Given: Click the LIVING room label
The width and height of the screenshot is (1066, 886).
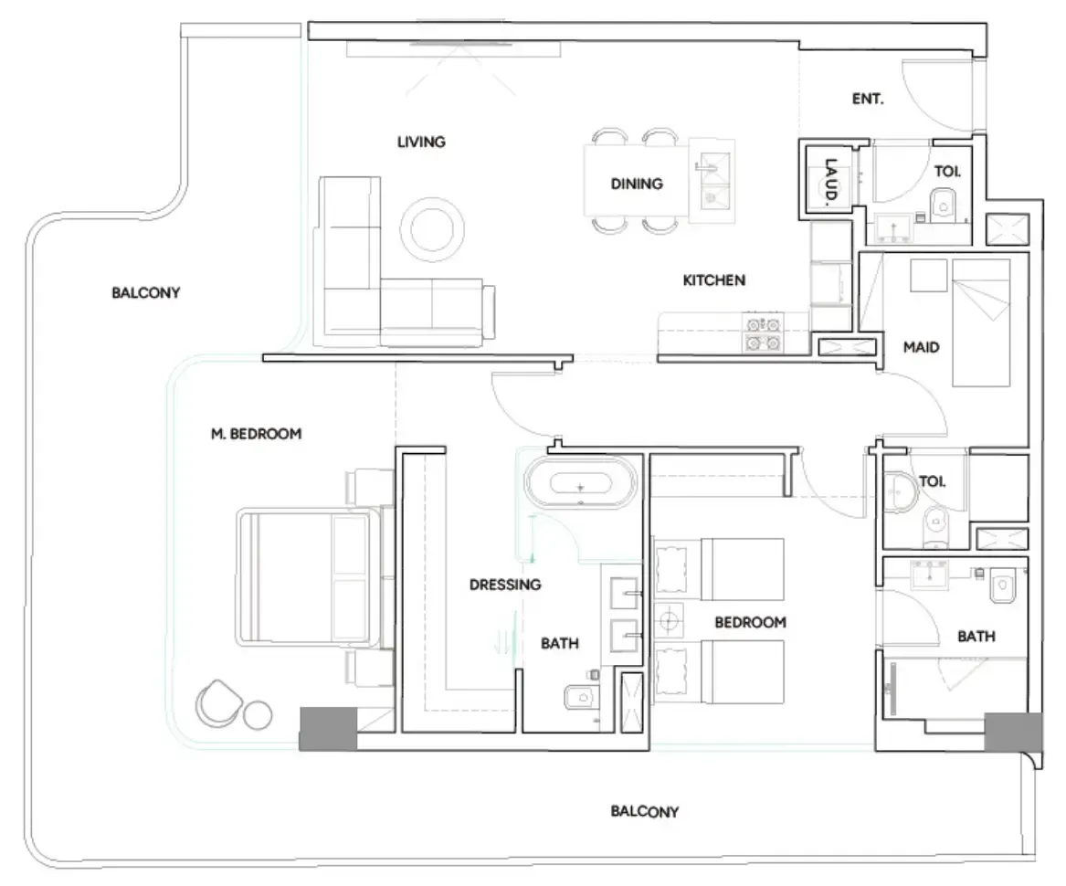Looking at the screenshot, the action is [421, 142].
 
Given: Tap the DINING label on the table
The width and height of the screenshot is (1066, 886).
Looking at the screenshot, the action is [637, 184].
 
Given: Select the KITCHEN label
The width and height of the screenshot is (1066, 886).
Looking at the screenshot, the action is [713, 280].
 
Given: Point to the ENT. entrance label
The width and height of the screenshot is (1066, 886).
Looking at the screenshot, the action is [868, 99].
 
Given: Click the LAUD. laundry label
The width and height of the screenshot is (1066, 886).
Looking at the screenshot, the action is [830, 182].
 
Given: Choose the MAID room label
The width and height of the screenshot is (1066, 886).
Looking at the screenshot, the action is [921, 347].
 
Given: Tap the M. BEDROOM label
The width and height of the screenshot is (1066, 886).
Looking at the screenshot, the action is [257, 434].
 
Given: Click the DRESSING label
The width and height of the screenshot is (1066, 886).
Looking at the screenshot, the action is [505, 585].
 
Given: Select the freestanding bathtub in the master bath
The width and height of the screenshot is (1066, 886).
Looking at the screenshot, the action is [581, 483].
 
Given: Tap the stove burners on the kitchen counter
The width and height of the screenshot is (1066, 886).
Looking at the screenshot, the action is [764, 333].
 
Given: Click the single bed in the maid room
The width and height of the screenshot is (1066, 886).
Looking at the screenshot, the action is [980, 322].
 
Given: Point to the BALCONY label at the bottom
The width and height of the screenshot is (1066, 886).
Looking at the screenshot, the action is [645, 811].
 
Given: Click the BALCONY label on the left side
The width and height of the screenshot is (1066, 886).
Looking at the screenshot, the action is [145, 293].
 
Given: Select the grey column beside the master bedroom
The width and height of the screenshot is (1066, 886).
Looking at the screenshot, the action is [328, 729].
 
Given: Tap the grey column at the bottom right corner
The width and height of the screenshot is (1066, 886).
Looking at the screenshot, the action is [1013, 733].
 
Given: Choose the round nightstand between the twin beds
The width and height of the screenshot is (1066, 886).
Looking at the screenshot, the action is [669, 621].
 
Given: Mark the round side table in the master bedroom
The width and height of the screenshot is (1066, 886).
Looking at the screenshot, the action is [258, 715].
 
